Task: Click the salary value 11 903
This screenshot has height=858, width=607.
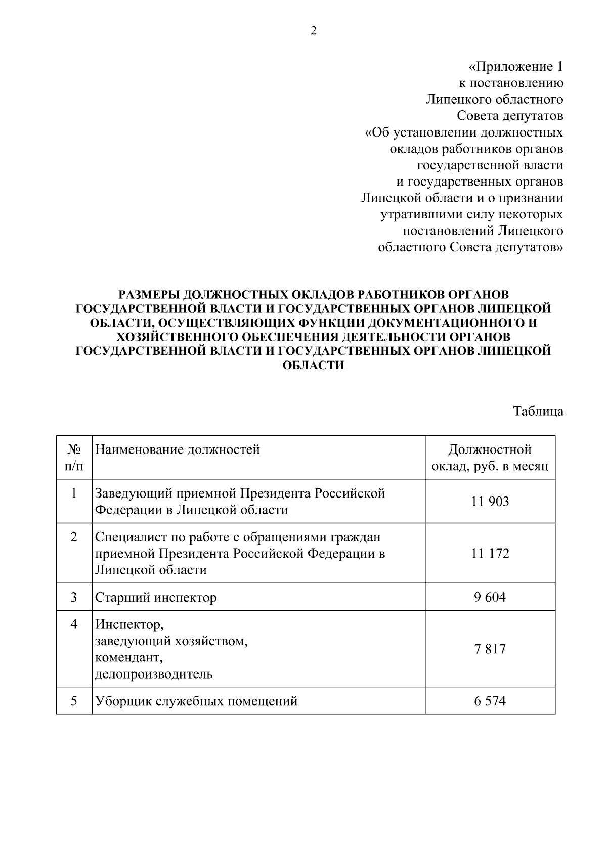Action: click(490, 502)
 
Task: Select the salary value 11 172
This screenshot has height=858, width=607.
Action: click(490, 553)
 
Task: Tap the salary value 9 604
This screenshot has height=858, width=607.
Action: click(490, 598)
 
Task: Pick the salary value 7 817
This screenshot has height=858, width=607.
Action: click(490, 649)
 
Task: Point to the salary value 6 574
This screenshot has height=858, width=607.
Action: click(490, 701)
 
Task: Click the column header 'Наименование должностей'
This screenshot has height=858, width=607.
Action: click(178, 449)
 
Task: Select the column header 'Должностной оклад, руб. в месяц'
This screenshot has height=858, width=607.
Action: click(490, 458)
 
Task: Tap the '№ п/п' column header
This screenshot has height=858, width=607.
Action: click(74, 458)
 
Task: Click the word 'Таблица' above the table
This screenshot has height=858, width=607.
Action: click(538, 411)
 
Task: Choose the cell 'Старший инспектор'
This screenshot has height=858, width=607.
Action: click(156, 598)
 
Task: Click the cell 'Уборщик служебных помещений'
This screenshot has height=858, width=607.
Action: click(196, 701)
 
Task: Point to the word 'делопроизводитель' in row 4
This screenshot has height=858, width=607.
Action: click(154, 674)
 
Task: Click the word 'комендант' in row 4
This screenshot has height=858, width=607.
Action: click(129, 658)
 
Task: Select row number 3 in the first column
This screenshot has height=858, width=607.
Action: click(74, 598)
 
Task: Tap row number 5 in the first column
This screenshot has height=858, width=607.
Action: click(74, 701)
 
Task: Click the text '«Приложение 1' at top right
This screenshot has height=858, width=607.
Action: click(515, 67)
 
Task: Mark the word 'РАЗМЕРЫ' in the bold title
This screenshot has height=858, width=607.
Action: click(148, 294)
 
